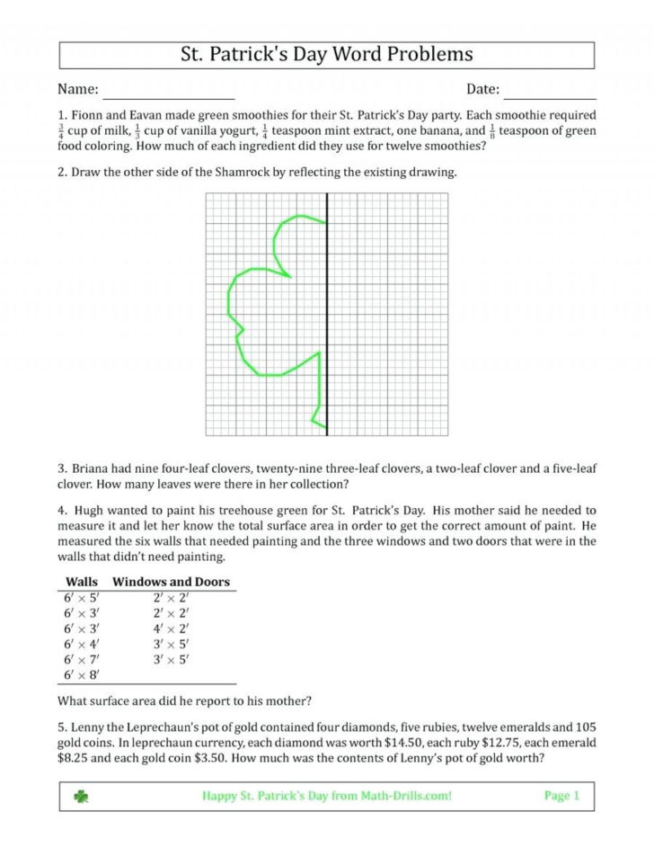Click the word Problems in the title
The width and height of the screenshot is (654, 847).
click(x=429, y=55)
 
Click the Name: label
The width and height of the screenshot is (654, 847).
click(x=77, y=90)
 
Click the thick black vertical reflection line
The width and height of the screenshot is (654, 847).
click(x=326, y=315)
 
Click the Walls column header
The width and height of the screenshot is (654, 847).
click(x=83, y=582)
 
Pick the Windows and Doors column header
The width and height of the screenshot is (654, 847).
click(x=171, y=582)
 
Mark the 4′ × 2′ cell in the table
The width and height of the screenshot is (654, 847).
click(x=171, y=629)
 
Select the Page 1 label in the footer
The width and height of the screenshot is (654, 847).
click(x=562, y=796)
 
